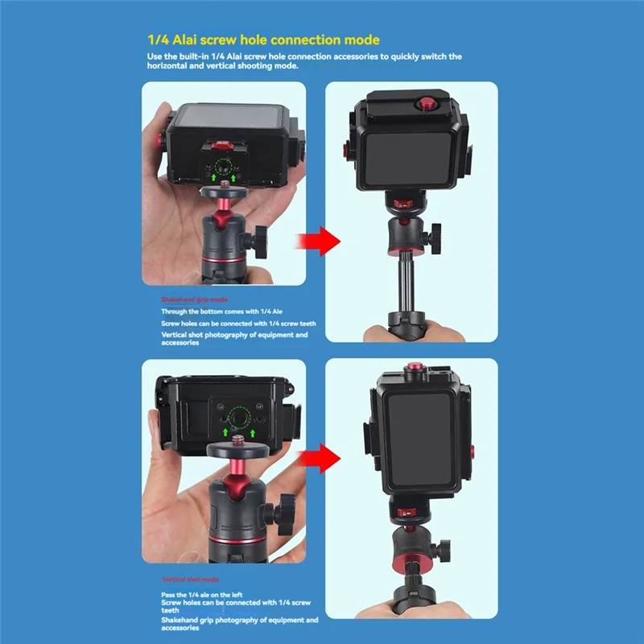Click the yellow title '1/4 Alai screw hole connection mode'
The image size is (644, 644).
pos(263,39)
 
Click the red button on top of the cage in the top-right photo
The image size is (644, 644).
pos(423,103)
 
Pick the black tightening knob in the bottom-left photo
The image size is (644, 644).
pos(285,513)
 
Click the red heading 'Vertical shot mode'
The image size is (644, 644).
pos(191,580)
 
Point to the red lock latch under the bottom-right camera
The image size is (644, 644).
pos(403,510)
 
